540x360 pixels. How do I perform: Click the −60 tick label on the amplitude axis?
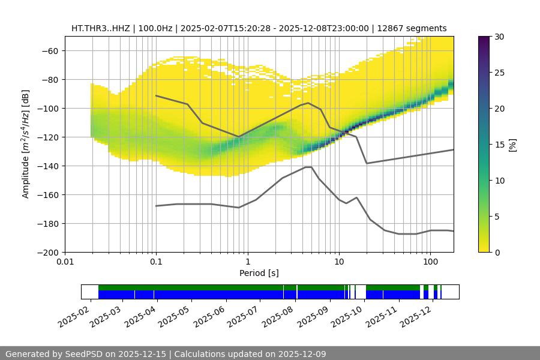click(49, 50)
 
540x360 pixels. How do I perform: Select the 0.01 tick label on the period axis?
click(65, 262)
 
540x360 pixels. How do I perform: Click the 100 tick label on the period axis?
click(430, 262)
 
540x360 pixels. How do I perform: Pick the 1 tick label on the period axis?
click(247, 262)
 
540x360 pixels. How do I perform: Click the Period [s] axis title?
click(259, 273)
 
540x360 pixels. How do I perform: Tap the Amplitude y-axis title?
click(26, 144)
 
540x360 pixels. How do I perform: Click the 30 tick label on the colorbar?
click(499, 37)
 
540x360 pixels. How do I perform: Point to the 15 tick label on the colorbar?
click(499, 145)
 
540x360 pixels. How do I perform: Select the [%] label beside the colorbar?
click(512, 145)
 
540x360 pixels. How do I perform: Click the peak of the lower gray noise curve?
click(308, 167)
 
